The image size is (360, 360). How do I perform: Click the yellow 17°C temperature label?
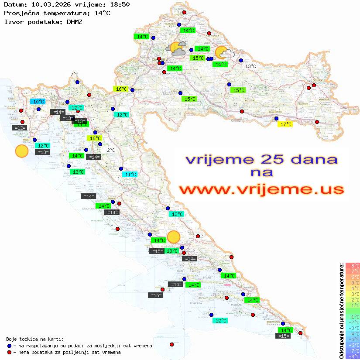285,124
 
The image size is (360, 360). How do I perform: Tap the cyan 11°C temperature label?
130,175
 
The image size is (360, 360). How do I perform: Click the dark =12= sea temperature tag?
19,128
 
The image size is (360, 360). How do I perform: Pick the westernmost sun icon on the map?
21,151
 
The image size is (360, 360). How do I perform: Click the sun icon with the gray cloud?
177,48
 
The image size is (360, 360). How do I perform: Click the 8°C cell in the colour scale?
353,266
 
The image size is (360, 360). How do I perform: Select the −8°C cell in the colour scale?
353,356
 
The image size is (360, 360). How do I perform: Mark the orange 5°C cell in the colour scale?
353,283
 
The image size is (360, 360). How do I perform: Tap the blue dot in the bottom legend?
10,346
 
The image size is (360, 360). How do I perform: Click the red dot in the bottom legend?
10,352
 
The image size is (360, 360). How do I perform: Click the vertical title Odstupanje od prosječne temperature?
341,311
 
